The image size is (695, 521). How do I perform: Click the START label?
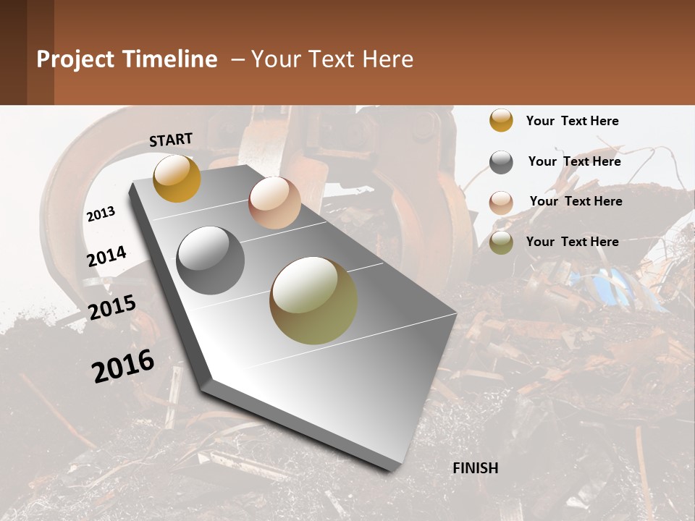pyautogui.click(x=171, y=140)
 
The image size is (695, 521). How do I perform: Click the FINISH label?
pyautogui.click(x=475, y=468)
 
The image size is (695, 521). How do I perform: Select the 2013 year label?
pyautogui.click(x=101, y=214)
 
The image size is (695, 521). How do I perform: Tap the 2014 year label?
pyautogui.click(x=106, y=257)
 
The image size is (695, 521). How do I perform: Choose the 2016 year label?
pyautogui.click(x=123, y=365)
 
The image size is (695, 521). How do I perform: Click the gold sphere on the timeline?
pyautogui.click(x=177, y=178)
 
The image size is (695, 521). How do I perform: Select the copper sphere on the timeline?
pyautogui.click(x=274, y=203)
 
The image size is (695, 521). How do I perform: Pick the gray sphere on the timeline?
pyautogui.click(x=211, y=260)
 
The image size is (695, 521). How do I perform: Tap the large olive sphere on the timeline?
pyautogui.click(x=313, y=300)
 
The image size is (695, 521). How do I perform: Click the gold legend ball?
pyautogui.click(x=501, y=120)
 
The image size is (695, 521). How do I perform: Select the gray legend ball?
pyautogui.click(x=501, y=162)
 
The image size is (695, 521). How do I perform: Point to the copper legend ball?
pyautogui.click(x=501, y=203)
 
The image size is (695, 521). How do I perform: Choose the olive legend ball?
pyautogui.click(x=501, y=242)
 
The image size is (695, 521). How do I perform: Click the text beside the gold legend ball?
pyautogui.click(x=572, y=121)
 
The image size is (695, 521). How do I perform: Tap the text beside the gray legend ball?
pyautogui.click(x=574, y=161)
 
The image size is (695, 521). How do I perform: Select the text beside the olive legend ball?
pyautogui.click(x=572, y=242)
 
